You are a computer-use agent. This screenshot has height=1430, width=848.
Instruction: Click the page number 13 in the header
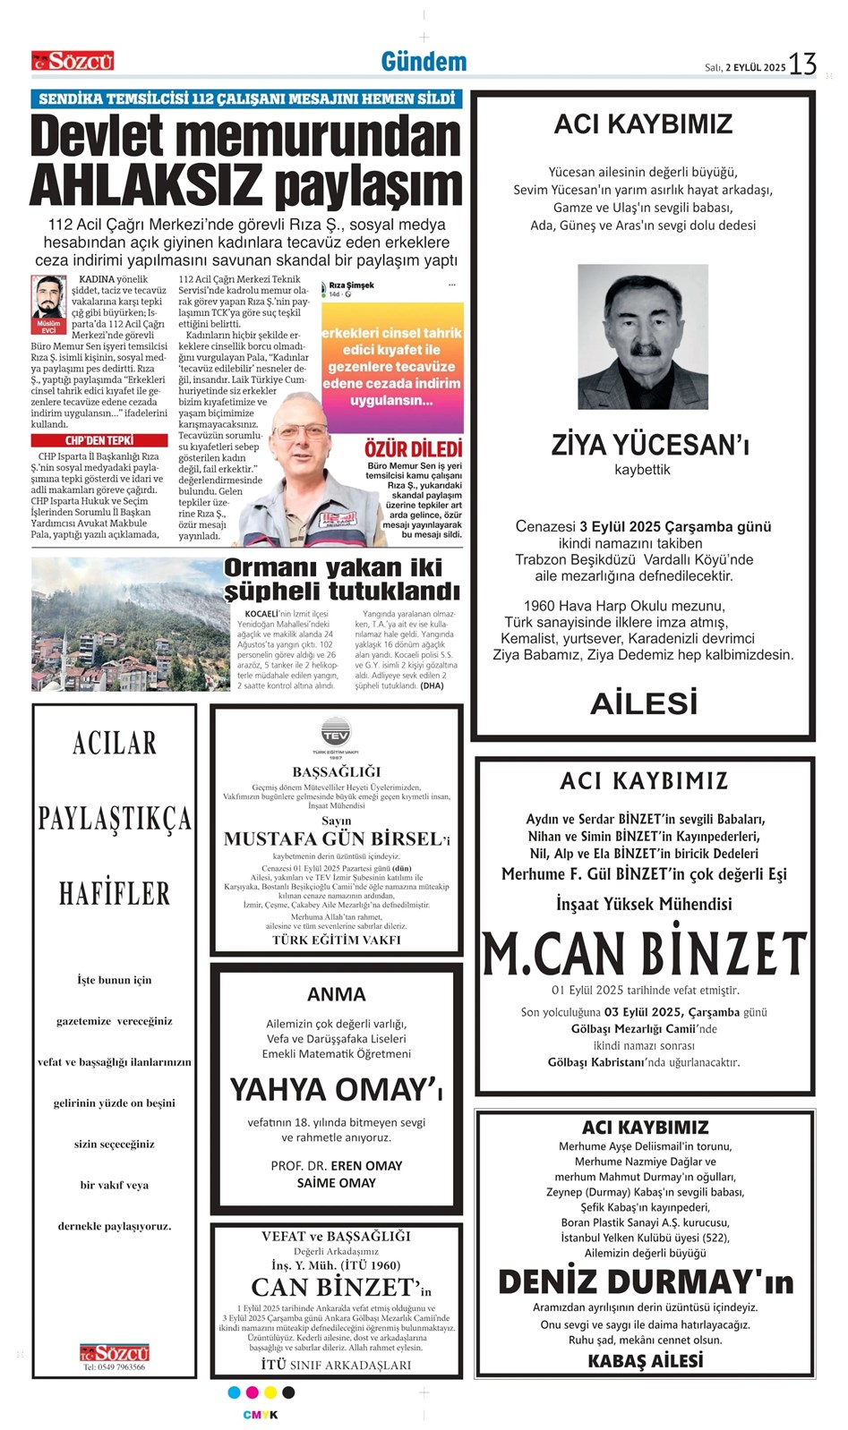(802, 64)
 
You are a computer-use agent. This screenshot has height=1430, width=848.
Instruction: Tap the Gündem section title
(424, 62)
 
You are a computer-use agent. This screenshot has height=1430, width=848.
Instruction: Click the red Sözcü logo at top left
(73, 62)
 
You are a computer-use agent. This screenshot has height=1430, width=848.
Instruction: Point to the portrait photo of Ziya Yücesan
(642, 336)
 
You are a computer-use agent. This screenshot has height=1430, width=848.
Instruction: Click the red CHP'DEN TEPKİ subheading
(99, 440)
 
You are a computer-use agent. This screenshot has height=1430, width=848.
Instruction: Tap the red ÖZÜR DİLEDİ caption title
(413, 449)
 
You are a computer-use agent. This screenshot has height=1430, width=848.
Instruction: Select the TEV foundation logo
(336, 732)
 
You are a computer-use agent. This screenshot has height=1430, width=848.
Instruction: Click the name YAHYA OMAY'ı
(336, 1089)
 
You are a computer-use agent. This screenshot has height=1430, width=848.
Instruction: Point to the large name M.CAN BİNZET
(644, 954)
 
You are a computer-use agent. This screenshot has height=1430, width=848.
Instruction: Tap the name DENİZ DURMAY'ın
(645, 1281)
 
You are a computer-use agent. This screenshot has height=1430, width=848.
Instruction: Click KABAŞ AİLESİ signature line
(645, 1361)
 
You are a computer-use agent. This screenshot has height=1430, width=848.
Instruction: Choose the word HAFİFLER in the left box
(114, 893)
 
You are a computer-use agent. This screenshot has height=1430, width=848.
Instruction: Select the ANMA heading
(336, 994)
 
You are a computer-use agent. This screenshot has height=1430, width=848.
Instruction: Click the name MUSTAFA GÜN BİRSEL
(331, 839)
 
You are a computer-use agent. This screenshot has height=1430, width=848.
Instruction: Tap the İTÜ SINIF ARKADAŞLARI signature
(336, 1365)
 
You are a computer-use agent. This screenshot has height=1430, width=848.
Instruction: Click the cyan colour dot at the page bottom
(235, 1392)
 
